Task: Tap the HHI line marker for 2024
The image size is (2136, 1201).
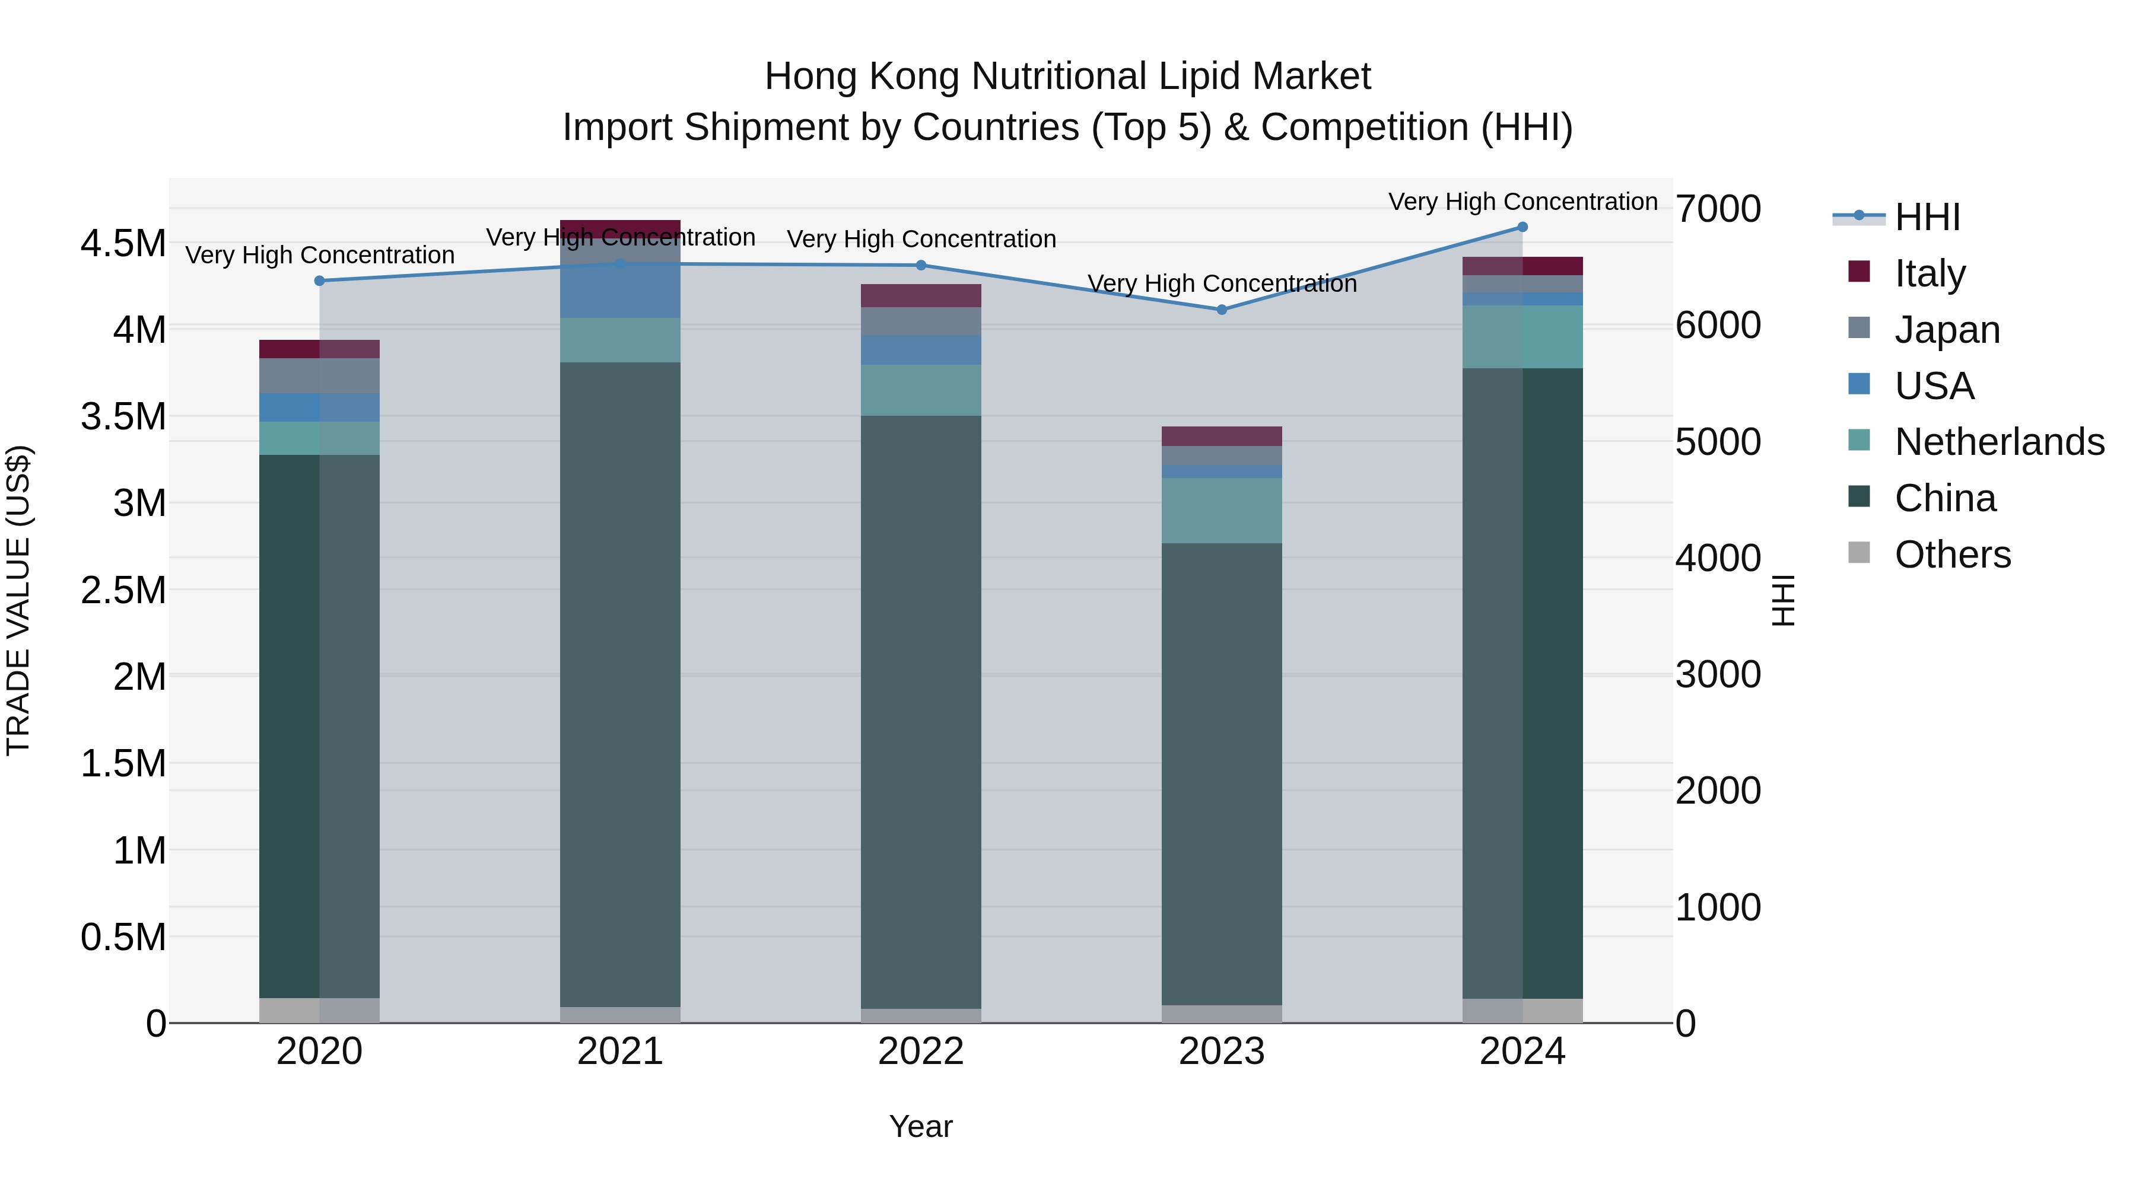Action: coord(1522,227)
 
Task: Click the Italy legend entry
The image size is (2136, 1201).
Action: coord(1930,273)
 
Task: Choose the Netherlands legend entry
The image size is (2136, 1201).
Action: coord(1998,442)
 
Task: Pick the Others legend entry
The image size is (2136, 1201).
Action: coord(1952,555)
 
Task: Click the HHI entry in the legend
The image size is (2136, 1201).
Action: coord(1926,217)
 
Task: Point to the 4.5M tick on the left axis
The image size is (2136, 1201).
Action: coord(123,244)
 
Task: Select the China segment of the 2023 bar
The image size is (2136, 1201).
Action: coord(1222,771)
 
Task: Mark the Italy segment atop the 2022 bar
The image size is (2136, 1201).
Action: coord(920,296)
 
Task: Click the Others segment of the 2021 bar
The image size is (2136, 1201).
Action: coord(620,1015)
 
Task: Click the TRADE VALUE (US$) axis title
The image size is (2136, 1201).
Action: coord(18,600)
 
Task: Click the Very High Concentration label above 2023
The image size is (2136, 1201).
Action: coord(1222,283)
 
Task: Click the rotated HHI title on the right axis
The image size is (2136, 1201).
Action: coord(1783,600)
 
